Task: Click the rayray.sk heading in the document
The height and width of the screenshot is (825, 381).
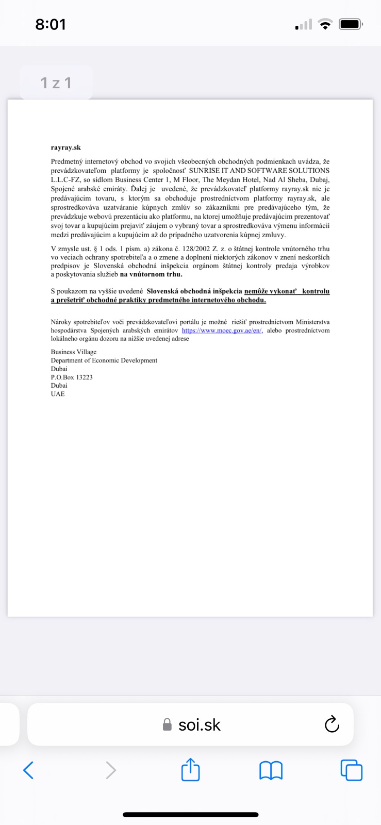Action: (66, 147)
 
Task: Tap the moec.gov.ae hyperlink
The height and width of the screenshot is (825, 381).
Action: (222, 331)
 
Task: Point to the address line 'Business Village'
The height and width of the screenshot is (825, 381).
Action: (74, 352)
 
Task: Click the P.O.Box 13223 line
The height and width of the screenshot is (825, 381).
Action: (72, 377)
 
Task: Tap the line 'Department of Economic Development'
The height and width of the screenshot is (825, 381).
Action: (104, 360)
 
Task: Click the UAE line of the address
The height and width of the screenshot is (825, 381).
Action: (58, 394)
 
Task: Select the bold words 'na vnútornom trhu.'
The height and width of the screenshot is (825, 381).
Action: (151, 274)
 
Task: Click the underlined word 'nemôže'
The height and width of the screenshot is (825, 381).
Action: (256, 291)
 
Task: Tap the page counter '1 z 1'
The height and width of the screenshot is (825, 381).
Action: (56, 82)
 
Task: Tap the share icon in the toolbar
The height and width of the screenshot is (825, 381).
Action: (191, 770)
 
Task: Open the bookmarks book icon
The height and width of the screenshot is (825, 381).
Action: (271, 770)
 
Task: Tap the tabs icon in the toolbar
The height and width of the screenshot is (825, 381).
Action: (352, 770)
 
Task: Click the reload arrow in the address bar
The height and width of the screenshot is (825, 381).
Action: (332, 724)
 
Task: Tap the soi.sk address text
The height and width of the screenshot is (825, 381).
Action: (199, 725)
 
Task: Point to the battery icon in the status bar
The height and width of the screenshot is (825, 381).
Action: (351, 24)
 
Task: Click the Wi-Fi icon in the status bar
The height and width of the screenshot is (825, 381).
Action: (325, 24)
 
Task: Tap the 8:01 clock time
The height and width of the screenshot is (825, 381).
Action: (51, 24)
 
